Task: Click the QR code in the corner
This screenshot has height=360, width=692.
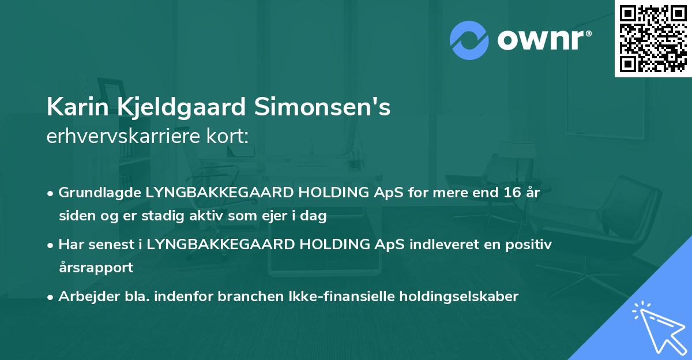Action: tap(653, 38)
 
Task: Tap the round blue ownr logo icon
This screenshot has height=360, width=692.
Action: tap(469, 40)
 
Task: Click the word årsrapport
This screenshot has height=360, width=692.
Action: tap(96, 268)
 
